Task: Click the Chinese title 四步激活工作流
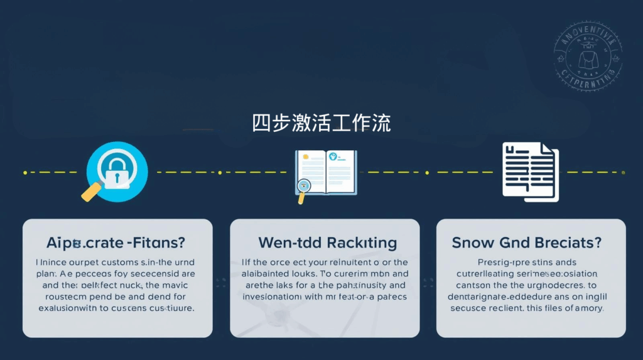click(321, 123)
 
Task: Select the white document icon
click(529, 172)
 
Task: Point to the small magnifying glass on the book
click(305, 187)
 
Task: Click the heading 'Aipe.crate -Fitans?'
click(117, 243)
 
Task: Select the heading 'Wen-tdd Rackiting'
click(327, 243)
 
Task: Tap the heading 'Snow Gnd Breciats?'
click(527, 243)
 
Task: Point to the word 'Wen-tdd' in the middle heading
click(286, 243)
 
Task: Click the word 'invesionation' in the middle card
click(275, 297)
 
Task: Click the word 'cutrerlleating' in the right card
click(488, 274)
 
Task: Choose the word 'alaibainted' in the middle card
click(271, 274)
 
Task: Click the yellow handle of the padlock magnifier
click(92, 190)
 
